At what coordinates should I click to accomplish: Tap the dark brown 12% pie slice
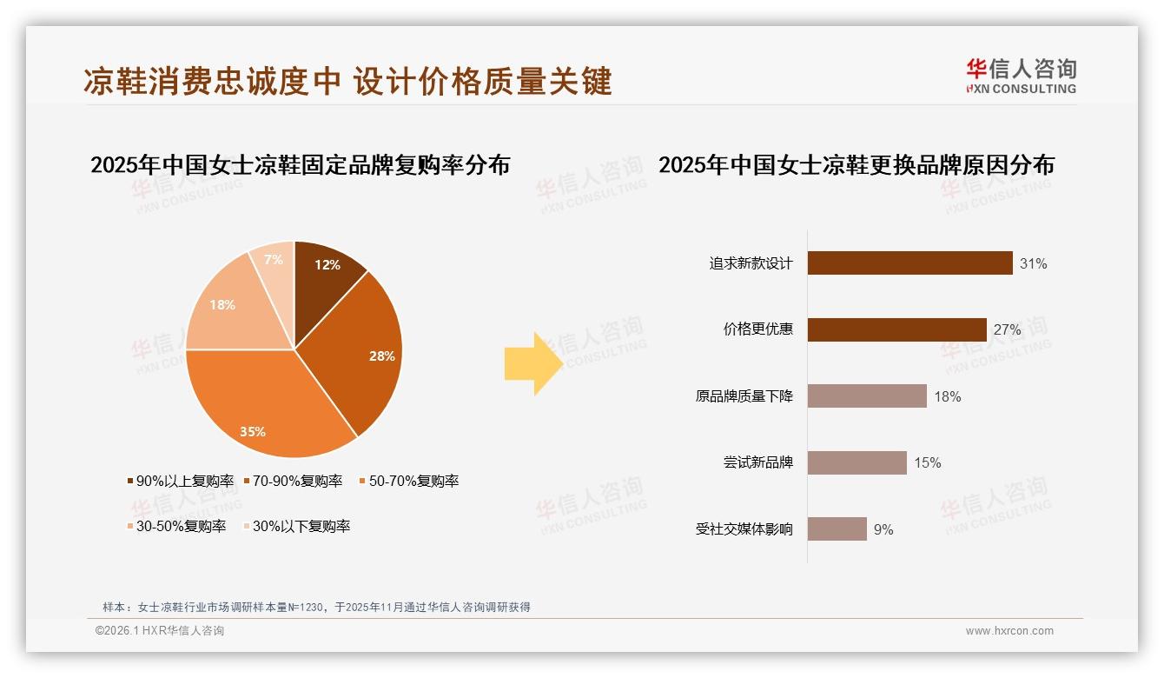(x=326, y=269)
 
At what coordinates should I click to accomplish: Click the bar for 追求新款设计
(x=909, y=263)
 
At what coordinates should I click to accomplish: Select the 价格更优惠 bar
(x=896, y=329)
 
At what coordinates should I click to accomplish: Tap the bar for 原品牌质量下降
(x=867, y=396)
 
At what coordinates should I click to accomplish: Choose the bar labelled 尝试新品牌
(x=856, y=462)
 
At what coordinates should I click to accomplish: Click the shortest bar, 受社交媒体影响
(x=837, y=528)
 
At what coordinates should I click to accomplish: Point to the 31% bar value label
(x=1034, y=263)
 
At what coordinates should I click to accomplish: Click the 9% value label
(x=883, y=529)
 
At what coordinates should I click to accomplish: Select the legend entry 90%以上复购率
(x=181, y=481)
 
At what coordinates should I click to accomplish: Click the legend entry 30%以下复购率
(x=297, y=526)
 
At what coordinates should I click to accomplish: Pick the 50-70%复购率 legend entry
(x=408, y=481)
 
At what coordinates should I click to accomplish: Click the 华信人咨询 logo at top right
(x=1021, y=76)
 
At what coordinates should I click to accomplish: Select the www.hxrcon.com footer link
(x=1009, y=631)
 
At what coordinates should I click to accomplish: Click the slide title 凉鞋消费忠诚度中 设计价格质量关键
(x=347, y=81)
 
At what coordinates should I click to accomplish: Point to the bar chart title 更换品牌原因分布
(x=856, y=165)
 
